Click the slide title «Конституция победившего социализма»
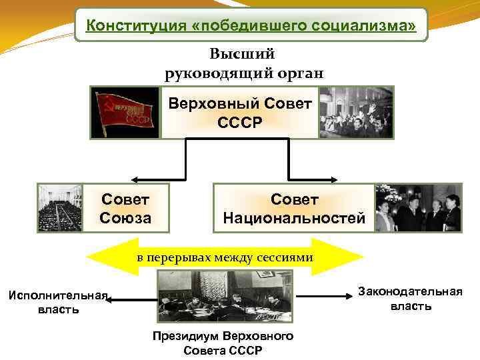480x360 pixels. click(251, 25)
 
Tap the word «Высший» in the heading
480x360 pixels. click(242, 53)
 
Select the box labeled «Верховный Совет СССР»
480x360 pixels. click(239, 113)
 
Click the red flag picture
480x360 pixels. click(126, 112)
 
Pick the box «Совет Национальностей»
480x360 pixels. click(293, 209)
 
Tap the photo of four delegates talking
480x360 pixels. click(418, 208)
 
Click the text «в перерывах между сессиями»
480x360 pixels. click(225, 257)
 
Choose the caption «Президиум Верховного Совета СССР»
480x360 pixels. click(223, 343)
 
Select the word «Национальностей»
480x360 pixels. click(294, 218)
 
